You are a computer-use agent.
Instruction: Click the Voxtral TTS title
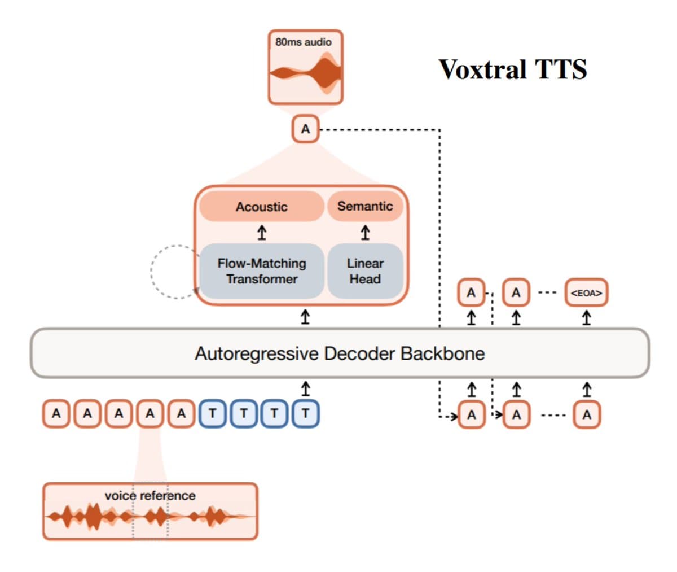click(512, 69)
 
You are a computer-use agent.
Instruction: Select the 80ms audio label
click(304, 42)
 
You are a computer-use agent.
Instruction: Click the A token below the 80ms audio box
click(305, 129)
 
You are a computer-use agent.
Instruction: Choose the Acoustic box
click(261, 207)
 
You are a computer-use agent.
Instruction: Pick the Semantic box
click(365, 206)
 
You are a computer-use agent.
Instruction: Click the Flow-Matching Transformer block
click(262, 271)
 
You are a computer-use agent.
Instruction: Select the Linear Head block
click(365, 271)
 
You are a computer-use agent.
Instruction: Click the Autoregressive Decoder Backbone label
click(340, 353)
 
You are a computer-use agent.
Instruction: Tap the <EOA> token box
click(586, 293)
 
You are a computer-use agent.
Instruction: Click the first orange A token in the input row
click(56, 414)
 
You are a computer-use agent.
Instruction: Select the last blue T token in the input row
click(305, 414)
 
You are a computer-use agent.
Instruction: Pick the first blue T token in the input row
click(212, 414)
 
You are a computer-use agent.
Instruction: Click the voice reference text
click(150, 496)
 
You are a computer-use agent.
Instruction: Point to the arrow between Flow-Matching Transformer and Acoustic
click(262, 232)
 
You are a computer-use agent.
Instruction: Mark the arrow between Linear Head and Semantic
click(365, 232)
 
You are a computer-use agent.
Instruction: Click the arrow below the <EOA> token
click(587, 318)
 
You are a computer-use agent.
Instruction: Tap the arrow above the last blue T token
click(305, 388)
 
